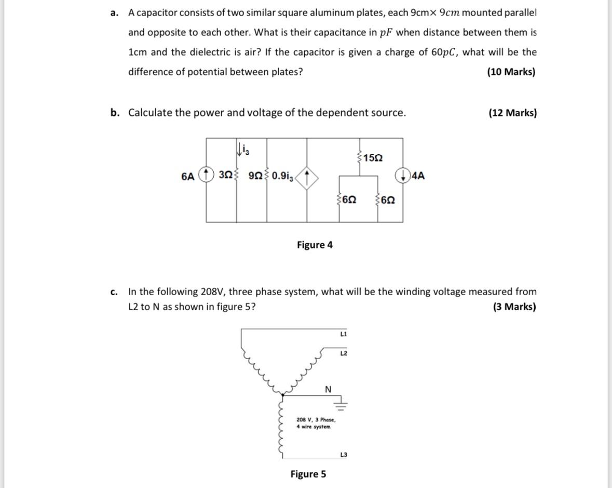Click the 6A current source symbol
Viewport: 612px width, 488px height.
point(206,176)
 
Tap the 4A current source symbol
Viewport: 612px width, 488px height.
point(403,176)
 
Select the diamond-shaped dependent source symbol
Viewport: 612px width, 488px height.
point(307,177)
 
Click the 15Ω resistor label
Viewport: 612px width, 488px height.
point(373,157)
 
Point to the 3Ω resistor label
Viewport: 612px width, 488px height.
point(225,176)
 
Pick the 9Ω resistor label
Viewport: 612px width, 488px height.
point(256,176)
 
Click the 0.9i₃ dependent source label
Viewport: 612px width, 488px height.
point(283,177)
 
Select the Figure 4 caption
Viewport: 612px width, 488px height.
point(315,245)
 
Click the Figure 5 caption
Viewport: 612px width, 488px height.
point(308,474)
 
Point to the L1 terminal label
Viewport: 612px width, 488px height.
point(343,334)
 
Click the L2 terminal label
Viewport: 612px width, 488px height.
point(343,354)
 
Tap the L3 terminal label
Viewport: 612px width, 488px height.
point(343,455)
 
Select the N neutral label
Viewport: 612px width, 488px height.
point(328,389)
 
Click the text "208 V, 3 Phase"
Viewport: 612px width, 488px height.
point(316,419)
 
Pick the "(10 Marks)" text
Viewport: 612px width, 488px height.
point(511,72)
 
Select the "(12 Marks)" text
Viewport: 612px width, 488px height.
point(512,113)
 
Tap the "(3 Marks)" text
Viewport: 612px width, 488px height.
point(514,307)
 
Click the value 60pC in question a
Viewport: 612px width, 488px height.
point(445,52)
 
